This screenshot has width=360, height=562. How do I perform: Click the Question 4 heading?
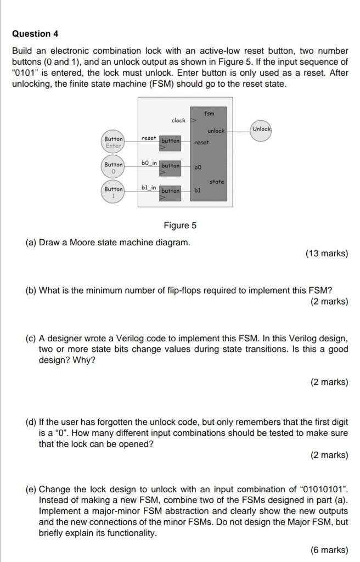click(x=35, y=34)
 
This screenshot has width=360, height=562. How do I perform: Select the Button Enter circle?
click(x=114, y=142)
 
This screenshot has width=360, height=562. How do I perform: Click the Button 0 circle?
click(x=114, y=167)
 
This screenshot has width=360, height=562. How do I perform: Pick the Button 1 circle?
click(x=114, y=193)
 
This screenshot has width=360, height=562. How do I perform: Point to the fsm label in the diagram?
click(x=209, y=114)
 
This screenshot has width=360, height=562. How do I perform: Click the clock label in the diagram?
click(x=178, y=120)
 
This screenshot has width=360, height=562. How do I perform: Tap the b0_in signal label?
click(x=149, y=163)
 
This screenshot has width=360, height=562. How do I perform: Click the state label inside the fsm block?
click(x=217, y=181)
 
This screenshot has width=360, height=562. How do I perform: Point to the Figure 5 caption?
click(x=179, y=226)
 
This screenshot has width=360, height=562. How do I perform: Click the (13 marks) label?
click(x=327, y=254)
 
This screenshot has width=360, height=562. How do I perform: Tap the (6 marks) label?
click(x=329, y=549)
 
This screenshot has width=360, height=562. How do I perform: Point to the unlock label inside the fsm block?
click(x=216, y=131)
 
